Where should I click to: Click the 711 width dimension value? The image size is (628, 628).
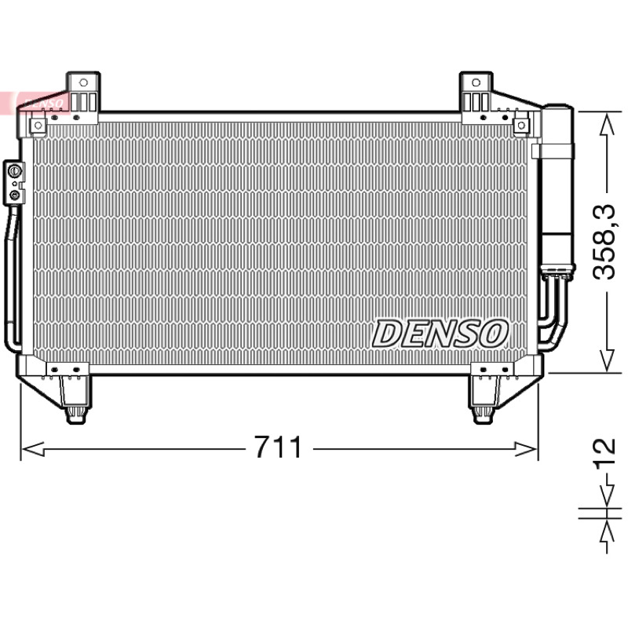[x=278, y=447]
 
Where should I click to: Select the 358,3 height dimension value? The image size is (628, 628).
[x=604, y=242]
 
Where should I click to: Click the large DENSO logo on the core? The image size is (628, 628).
[x=440, y=333]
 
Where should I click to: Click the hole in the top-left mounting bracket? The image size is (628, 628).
[x=83, y=82]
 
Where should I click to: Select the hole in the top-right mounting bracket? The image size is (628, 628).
[x=476, y=82]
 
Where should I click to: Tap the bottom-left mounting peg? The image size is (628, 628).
[x=75, y=415]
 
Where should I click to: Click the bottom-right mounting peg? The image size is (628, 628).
[x=483, y=415]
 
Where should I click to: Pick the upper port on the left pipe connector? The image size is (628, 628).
[x=14, y=171]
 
